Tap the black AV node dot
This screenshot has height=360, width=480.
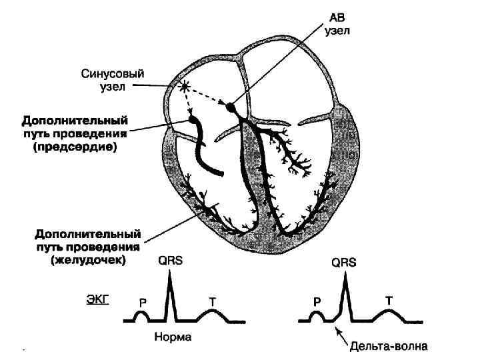(231, 106)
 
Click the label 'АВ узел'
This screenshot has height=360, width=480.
(336, 25)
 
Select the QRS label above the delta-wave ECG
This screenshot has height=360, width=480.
(344, 263)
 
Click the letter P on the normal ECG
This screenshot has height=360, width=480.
(143, 303)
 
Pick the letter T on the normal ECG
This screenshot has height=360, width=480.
(212, 302)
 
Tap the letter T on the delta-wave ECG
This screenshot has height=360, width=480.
(388, 301)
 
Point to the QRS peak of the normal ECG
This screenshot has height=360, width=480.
(171, 277)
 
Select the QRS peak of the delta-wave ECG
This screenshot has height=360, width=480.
(345, 278)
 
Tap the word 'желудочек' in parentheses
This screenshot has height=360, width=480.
(79, 261)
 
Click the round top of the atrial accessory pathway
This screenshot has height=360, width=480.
(194, 121)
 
